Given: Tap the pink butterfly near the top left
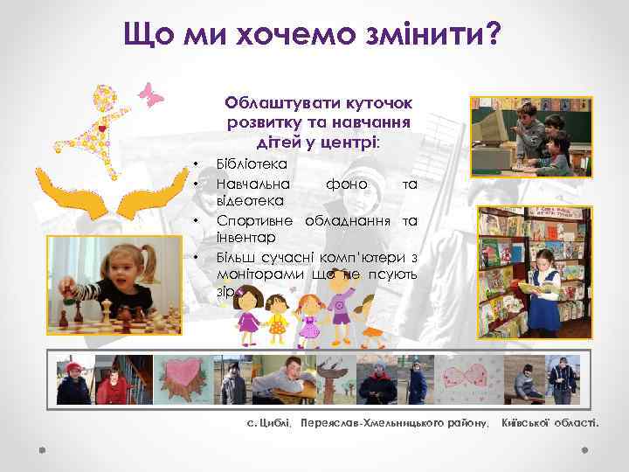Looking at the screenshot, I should [x=153, y=94].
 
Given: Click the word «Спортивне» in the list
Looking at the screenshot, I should [x=258, y=219].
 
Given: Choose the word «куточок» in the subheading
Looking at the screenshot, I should [x=377, y=104].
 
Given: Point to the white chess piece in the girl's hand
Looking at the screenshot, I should [x=64, y=295].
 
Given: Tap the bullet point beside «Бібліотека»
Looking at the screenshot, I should [x=197, y=163].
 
